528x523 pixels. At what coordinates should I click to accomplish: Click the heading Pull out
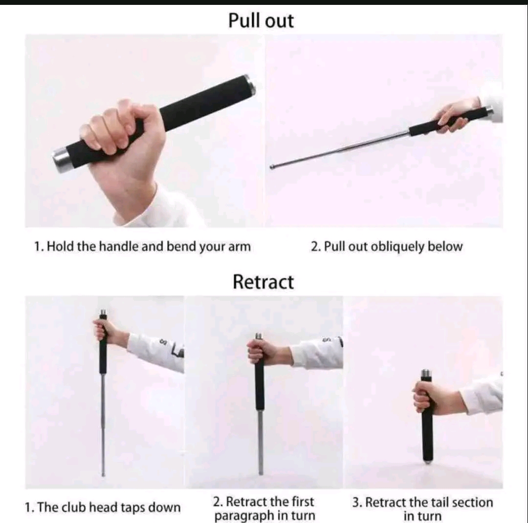(261, 21)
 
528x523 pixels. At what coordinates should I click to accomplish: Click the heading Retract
(264, 282)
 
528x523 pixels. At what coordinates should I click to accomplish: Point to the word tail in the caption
(440, 502)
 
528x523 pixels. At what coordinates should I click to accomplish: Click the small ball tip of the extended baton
(272, 167)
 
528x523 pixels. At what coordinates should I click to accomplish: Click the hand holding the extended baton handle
(455, 114)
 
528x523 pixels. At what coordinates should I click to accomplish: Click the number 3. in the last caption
(357, 502)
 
